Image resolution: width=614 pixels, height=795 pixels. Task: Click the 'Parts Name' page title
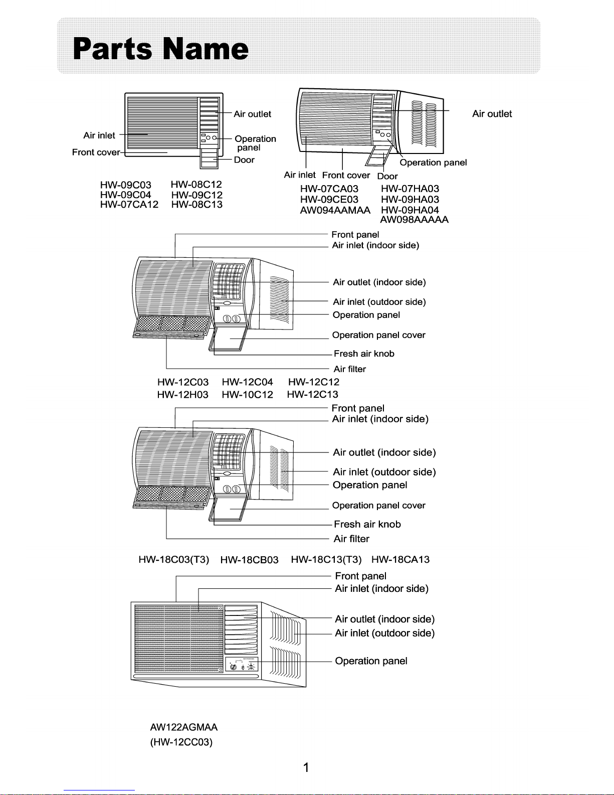(160, 49)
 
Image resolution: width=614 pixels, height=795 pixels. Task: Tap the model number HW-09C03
(125, 185)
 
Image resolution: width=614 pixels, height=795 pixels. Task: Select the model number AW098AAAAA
(414, 220)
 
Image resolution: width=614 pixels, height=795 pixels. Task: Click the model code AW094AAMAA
(335, 210)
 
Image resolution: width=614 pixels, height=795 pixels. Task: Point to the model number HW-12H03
(182, 395)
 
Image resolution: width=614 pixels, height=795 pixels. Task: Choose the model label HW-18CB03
(249, 560)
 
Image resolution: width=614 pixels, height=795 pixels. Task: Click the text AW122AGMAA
(183, 727)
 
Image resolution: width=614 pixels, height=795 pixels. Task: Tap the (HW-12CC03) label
(181, 742)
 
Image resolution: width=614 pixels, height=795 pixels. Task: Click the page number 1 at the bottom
(306, 767)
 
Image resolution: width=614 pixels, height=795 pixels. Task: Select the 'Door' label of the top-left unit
(244, 160)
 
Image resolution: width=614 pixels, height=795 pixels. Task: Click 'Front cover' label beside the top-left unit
(96, 152)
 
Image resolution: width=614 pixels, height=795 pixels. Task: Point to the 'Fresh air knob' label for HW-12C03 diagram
(364, 354)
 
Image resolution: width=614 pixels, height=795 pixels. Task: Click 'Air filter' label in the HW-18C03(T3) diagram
(351, 539)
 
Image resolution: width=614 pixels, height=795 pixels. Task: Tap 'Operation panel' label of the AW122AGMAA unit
(371, 661)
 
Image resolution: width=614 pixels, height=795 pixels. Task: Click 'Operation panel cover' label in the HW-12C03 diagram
(378, 335)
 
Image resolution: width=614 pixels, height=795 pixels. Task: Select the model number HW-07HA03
(410, 189)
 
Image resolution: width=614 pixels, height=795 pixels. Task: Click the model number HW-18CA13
(400, 560)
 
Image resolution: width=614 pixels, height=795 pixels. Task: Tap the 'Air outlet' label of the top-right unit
(492, 114)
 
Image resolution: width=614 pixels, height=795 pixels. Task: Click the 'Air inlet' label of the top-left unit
(99, 135)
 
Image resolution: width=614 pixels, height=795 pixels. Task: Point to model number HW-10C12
(247, 395)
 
